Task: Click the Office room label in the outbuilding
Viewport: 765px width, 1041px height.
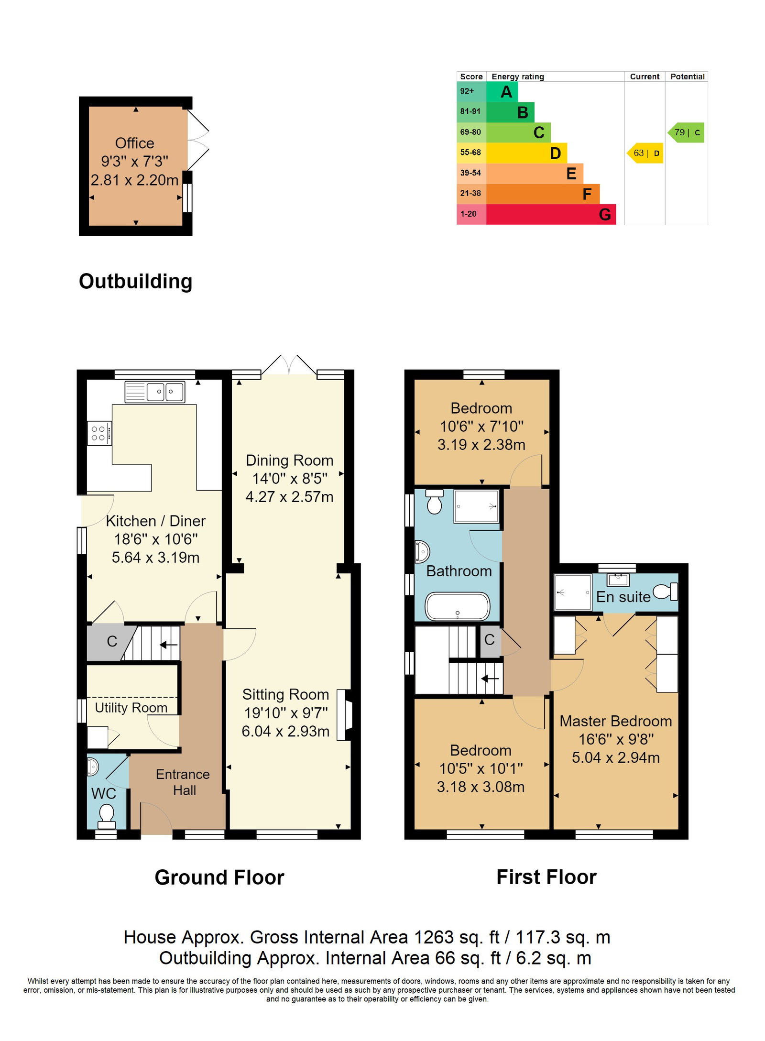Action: pyautogui.click(x=134, y=143)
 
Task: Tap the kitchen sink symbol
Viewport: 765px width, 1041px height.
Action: pyautogui.click(x=154, y=392)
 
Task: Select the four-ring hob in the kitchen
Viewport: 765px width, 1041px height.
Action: pyautogui.click(x=99, y=433)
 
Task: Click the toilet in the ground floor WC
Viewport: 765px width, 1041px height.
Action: pyautogui.click(x=106, y=817)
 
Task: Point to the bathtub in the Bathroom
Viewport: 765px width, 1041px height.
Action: pyautogui.click(x=457, y=606)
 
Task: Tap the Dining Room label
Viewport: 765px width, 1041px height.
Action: pyautogui.click(x=289, y=460)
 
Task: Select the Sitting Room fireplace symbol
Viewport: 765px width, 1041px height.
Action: pyautogui.click(x=344, y=715)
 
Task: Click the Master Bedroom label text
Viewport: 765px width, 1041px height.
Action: pyautogui.click(x=615, y=721)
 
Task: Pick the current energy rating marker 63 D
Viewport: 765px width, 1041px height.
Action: pyautogui.click(x=645, y=153)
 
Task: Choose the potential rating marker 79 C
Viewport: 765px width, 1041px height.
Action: pyautogui.click(x=686, y=132)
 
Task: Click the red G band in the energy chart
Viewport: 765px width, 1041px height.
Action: pyautogui.click(x=551, y=214)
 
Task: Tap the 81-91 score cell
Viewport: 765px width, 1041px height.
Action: pyautogui.click(x=471, y=111)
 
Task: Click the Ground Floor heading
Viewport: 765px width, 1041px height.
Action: pyautogui.click(x=219, y=877)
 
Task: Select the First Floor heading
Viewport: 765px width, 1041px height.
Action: pyautogui.click(x=546, y=877)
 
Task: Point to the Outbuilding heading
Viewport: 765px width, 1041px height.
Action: pyautogui.click(x=136, y=281)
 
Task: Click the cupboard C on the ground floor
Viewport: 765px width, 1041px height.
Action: pyautogui.click(x=112, y=641)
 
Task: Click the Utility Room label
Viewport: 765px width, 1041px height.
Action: pyautogui.click(x=131, y=708)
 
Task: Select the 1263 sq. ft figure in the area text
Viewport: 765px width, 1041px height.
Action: pyautogui.click(x=446, y=938)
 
